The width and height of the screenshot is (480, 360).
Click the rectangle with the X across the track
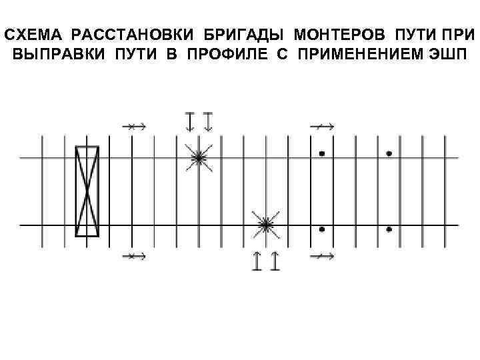tap(87, 191)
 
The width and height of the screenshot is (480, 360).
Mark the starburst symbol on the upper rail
tap(199, 158)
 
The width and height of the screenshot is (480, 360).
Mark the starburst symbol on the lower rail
tap(265, 226)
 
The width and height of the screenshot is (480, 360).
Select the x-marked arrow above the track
tap(133, 125)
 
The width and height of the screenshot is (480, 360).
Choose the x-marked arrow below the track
tap(133, 255)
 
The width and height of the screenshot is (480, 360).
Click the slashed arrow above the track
tap(323, 125)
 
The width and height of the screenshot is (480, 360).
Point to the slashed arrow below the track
tap(323, 255)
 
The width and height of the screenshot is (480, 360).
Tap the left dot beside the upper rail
tap(322, 153)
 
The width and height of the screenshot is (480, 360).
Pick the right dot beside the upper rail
tap(389, 153)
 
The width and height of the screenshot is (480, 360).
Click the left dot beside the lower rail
tap(322, 229)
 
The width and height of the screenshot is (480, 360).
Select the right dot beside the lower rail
tap(389, 229)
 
